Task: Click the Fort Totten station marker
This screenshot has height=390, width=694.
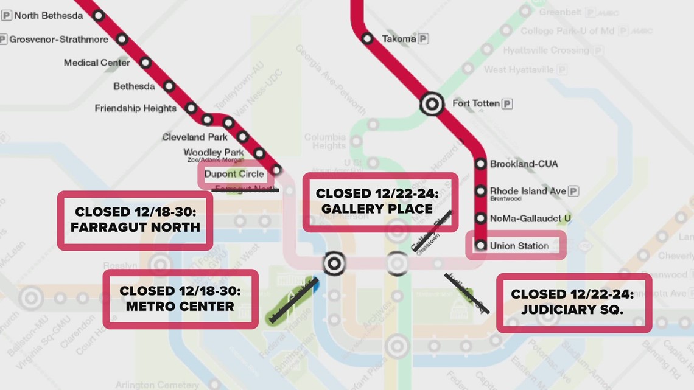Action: click(432, 104)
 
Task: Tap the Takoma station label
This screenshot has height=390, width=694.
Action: click(399, 38)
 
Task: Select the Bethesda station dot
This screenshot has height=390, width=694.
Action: click(169, 86)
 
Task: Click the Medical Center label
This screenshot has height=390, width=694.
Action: click(97, 63)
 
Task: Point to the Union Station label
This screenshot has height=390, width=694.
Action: click(519, 246)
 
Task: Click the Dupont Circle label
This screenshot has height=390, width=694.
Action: click(234, 174)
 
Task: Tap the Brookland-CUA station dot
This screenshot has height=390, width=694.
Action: click(480, 164)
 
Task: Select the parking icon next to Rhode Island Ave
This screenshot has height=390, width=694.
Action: click(573, 191)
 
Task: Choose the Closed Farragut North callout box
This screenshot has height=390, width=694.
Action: click(135, 220)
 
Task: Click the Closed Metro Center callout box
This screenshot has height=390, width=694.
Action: click(180, 299)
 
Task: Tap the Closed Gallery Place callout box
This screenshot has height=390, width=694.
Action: click(380, 201)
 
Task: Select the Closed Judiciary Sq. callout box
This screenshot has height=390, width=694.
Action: click(573, 302)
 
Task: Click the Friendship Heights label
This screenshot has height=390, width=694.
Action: click(135, 108)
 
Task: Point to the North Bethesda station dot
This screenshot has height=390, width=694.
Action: click(99, 16)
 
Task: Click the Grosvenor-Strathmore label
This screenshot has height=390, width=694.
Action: click(58, 39)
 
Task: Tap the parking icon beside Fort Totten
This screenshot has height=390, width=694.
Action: click(506, 104)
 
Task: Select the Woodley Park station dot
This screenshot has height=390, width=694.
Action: click(259, 153)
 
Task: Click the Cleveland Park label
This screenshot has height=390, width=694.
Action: click(195, 137)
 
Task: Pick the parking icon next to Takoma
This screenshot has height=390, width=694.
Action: click(423, 38)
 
